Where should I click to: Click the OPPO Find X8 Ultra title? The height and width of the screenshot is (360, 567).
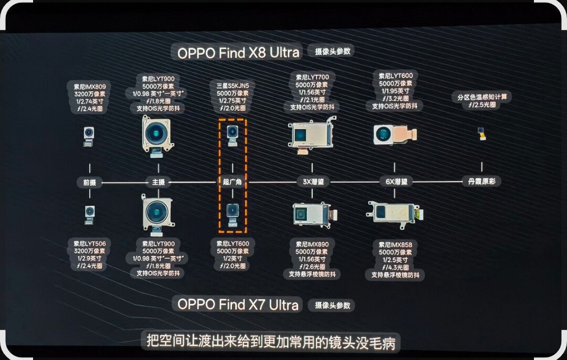coord(238,52)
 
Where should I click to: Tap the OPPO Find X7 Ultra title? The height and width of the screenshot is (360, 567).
coord(238,304)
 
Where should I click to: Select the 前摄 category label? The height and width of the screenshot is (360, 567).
coord(89,182)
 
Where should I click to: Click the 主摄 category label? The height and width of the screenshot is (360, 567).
coord(158,182)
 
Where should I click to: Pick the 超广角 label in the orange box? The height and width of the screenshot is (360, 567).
coord(232,182)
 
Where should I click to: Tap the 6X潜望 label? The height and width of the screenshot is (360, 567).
coord(396,182)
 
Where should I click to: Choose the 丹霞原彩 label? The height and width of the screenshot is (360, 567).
coord(481,182)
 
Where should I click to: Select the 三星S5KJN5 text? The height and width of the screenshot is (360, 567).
coord(232,85)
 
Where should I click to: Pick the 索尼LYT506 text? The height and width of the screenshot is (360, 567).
coord(89,243)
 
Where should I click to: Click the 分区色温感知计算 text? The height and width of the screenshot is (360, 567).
coord(484,97)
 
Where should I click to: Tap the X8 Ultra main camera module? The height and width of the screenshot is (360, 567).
coord(156,134)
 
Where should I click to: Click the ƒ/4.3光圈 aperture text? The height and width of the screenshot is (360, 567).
coord(397,267)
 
